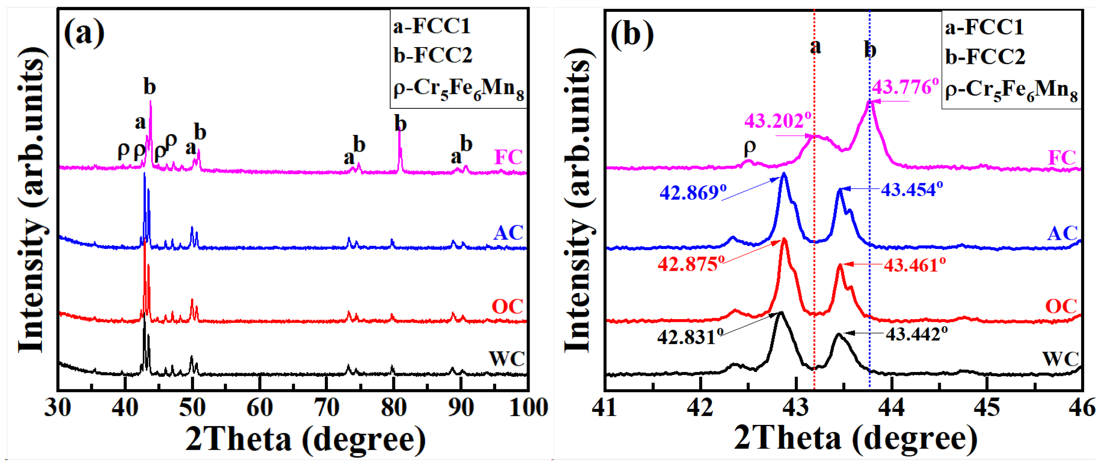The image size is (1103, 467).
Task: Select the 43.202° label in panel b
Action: [777, 121]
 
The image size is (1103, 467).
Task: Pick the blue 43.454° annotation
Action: [911, 190]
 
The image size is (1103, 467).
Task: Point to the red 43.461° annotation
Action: [914, 265]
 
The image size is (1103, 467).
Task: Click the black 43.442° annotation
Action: [916, 334]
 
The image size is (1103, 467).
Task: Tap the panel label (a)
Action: [84, 33]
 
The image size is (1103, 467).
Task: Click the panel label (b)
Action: [632, 34]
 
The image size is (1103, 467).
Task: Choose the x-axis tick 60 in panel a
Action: [260, 408]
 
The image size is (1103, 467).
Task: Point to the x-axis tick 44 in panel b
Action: [891, 408]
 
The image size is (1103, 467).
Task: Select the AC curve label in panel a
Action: [508, 233]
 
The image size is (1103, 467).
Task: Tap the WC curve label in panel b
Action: [1060, 359]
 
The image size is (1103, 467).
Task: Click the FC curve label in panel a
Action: [508, 157]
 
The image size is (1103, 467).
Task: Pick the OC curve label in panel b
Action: [1061, 306]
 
